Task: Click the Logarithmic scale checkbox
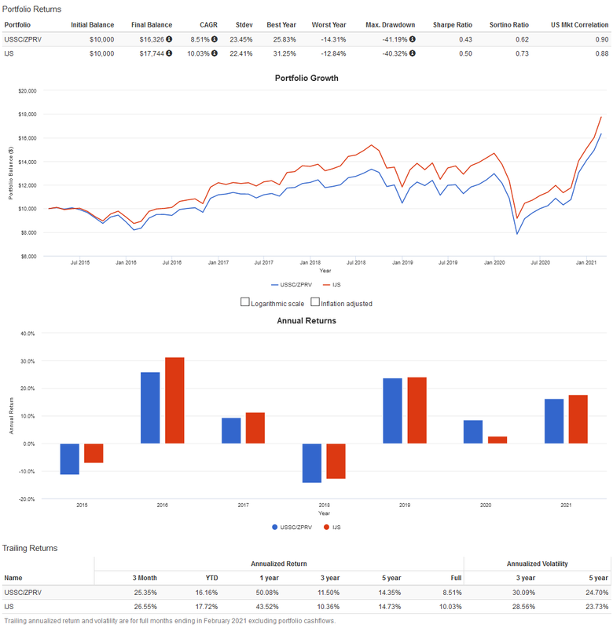245,302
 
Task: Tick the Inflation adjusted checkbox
315,302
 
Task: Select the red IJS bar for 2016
174,400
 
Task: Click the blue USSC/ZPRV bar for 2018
311,462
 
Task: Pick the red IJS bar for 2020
497,440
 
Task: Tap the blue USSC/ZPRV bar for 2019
392,411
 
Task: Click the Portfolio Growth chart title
306,78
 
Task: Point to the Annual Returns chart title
306,320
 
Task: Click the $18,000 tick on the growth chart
28,115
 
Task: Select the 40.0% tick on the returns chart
28,334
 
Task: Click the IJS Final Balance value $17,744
146,53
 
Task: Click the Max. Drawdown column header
391,24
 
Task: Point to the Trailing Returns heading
30,547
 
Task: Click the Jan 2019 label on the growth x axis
403,262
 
